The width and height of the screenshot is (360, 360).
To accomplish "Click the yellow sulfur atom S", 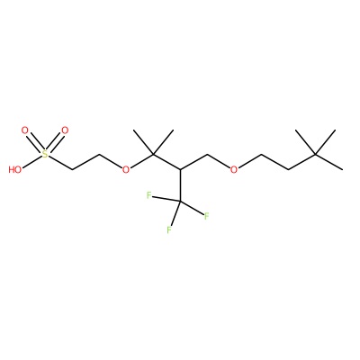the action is point(45,155).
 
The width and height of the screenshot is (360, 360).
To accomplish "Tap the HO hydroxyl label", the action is point(15,170).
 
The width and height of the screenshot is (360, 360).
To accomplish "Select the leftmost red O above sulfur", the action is point(25,130).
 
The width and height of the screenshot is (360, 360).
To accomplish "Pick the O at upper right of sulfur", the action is point(65,130).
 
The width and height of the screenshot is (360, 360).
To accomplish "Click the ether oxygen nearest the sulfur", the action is point(126,170).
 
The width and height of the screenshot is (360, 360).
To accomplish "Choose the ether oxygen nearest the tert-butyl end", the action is point(234,170).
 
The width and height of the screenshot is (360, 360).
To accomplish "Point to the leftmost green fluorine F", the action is point(148,196).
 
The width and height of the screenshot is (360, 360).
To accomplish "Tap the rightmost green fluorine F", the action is point(206,216).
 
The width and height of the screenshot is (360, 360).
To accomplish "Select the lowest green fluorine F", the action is point(169,230).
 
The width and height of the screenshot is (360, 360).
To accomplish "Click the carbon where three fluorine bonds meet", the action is point(180,202).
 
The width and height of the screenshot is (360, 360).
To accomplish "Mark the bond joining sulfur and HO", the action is point(32,161).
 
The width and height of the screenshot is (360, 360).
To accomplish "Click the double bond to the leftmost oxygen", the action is point(35,143).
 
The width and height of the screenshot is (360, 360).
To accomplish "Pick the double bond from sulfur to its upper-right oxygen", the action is point(55,143).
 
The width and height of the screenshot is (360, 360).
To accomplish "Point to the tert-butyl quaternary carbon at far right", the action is point(315,155).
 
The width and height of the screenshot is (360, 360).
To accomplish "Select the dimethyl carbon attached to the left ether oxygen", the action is point(153,155).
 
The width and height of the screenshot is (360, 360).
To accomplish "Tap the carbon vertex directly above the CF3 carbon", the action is point(180,170).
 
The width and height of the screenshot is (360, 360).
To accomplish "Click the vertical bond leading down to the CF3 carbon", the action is point(180,185).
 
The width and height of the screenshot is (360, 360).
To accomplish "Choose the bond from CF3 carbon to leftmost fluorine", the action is point(166,199).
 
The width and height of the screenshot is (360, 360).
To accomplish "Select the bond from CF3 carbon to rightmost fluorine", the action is point(192,208).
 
